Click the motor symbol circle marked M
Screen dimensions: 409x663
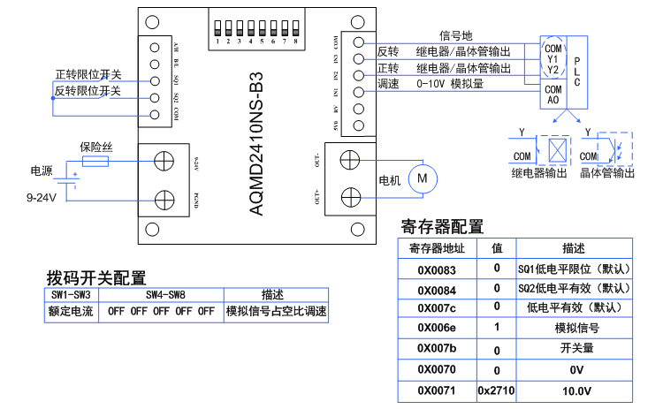(422, 178)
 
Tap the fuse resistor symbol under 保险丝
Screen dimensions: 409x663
(95, 162)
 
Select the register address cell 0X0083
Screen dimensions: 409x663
(437, 268)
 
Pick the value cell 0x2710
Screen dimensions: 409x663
(496, 390)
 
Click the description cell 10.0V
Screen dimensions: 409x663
(572, 390)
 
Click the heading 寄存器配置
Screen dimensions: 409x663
(442, 226)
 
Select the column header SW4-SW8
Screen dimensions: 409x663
(161, 294)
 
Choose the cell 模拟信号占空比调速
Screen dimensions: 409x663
(276, 311)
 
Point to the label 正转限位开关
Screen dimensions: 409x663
(88, 73)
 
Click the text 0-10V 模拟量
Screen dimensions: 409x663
(454, 83)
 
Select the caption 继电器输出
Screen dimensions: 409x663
(539, 173)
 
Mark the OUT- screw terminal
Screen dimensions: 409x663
(351, 160)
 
